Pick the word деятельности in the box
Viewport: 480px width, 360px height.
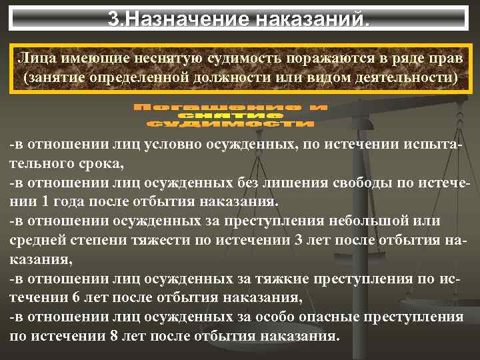pyautogui.click(x=401, y=78)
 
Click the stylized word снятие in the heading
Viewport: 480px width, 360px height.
pyautogui.click(x=229, y=115)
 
